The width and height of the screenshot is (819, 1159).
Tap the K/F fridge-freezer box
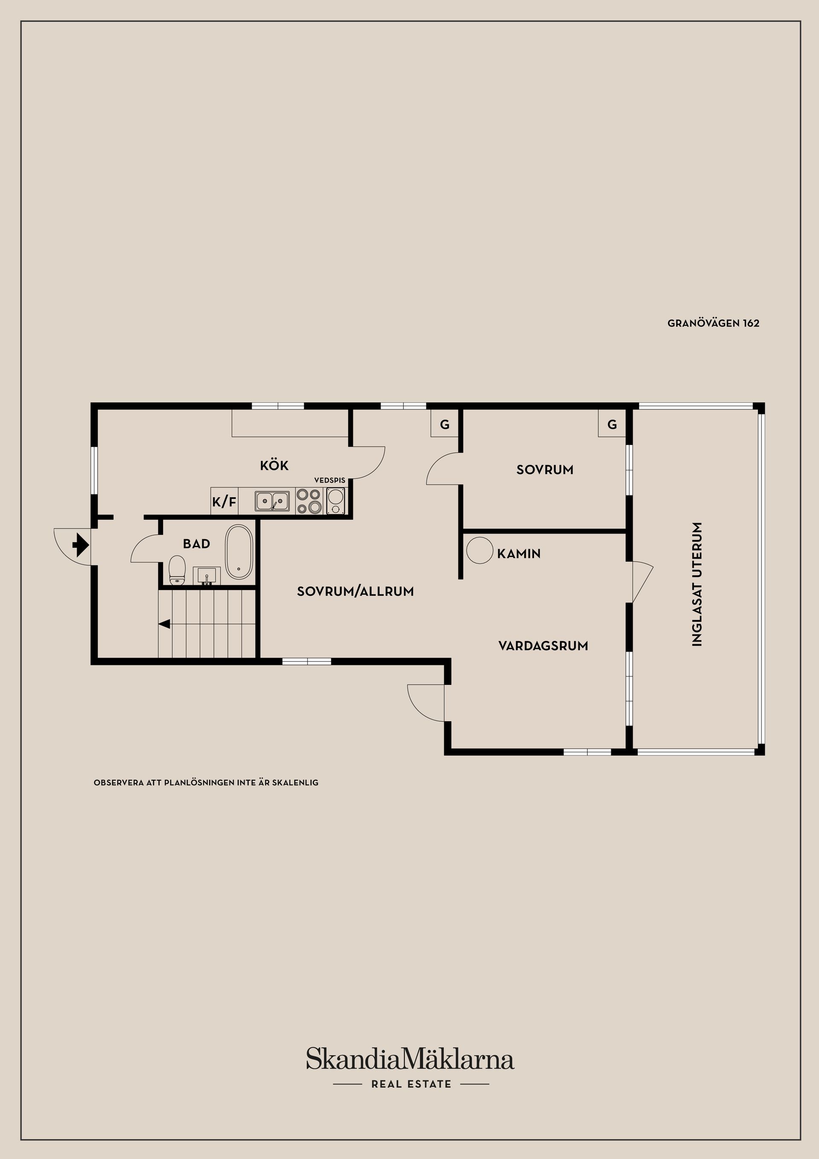[x=224, y=502]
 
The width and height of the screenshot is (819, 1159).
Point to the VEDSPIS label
[x=330, y=480]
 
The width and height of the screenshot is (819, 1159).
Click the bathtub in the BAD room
[x=239, y=552]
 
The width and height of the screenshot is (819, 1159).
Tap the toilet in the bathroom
[x=177, y=571]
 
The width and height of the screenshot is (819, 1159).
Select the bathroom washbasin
[x=207, y=576]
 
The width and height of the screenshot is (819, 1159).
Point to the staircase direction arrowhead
[x=164, y=624]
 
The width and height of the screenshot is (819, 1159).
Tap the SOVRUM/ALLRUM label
[x=355, y=591]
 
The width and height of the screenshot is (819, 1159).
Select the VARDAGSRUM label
[x=543, y=646]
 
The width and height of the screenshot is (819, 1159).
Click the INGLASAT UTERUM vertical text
[x=697, y=584]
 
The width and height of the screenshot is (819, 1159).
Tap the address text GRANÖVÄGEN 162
[x=713, y=323]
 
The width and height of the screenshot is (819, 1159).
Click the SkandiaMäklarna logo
[x=410, y=1059]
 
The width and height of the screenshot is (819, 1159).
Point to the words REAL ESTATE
[x=411, y=1084]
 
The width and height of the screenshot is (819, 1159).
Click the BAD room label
[x=196, y=544]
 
